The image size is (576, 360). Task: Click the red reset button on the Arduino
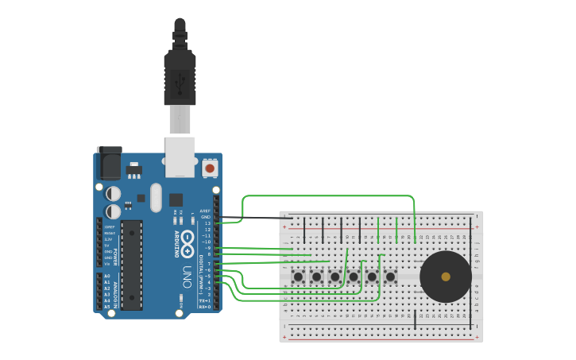point(210,168)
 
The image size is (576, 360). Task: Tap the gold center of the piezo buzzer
point(446,277)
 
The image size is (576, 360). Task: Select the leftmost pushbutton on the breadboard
point(298,277)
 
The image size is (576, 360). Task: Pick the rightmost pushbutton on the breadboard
point(390,277)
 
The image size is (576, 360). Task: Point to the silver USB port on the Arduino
point(180,156)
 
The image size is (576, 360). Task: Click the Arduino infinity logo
point(187,244)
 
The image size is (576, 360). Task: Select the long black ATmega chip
point(132,265)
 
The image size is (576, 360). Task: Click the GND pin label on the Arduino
point(205,217)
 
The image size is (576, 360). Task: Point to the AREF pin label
point(205,211)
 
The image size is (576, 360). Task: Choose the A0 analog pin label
point(107,276)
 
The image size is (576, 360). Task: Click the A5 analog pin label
point(107,306)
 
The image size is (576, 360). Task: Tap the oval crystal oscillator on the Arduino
point(155,197)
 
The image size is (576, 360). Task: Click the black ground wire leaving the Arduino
point(254,218)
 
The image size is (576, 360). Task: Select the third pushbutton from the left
point(335,277)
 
